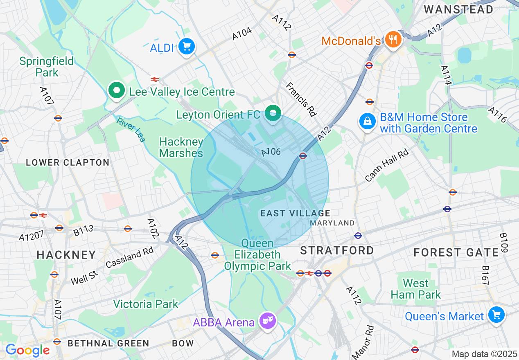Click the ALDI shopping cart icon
(x=187, y=47)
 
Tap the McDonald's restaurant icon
(x=393, y=40)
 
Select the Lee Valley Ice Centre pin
(x=117, y=90)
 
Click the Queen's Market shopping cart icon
(x=496, y=315)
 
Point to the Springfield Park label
(x=47, y=67)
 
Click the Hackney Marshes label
(x=181, y=147)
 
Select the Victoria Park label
(x=146, y=304)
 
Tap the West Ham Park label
(x=415, y=289)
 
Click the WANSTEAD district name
(x=458, y=10)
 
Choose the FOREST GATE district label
(x=456, y=253)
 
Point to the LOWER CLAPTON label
(x=68, y=162)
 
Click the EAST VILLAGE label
(x=295, y=213)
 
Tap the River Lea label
(x=131, y=130)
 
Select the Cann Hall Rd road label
(x=386, y=165)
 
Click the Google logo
(x=27, y=350)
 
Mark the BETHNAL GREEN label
(x=108, y=343)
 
